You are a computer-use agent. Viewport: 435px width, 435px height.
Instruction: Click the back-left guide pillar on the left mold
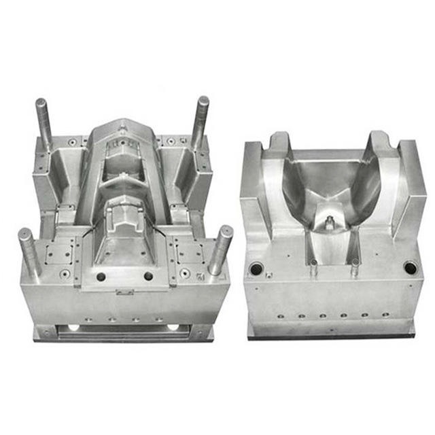(43, 122)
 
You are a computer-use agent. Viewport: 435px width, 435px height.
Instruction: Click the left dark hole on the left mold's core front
(101, 277)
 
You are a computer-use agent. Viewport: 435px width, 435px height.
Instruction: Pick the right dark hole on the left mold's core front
(148, 276)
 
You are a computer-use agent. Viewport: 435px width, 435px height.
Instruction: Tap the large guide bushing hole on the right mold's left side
(256, 269)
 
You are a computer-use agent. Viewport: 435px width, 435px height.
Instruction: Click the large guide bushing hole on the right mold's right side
(410, 268)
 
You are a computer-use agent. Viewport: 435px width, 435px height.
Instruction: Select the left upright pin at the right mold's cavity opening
(313, 266)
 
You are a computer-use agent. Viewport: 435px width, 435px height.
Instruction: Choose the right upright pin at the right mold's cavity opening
(354, 266)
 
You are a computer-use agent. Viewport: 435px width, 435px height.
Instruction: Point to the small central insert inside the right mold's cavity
(330, 221)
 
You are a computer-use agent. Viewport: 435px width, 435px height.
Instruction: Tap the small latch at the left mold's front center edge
(123, 292)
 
